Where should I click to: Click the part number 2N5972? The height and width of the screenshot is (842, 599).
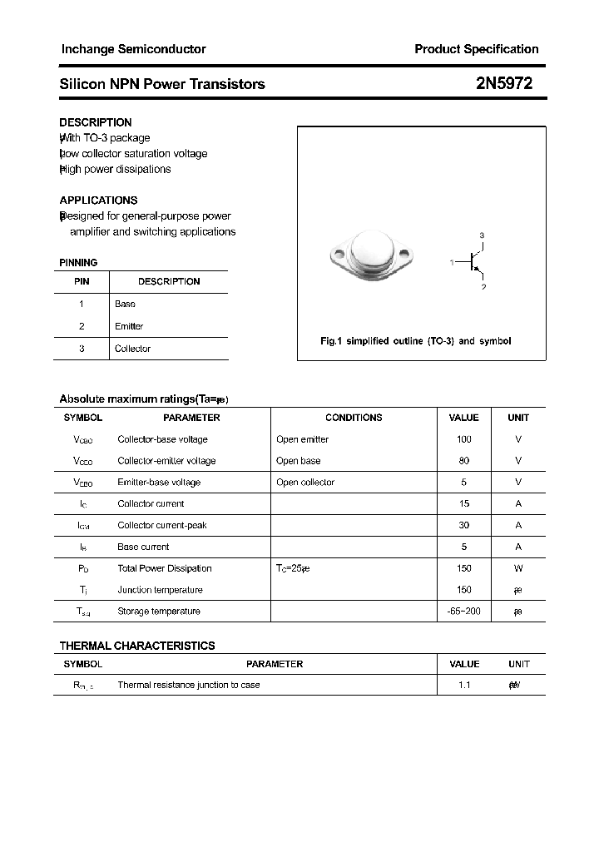pos(504,83)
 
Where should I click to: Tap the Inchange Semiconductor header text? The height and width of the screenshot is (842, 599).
pos(133,49)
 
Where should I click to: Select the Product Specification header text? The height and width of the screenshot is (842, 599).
pos(476,49)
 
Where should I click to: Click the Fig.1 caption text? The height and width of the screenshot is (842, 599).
pos(415,341)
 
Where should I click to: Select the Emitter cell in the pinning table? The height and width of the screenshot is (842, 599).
pos(129,326)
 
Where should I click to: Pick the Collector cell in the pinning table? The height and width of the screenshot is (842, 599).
pos(132,349)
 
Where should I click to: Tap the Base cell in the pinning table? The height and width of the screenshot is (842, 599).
pos(125,304)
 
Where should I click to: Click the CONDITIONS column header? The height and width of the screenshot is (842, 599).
pos(354,418)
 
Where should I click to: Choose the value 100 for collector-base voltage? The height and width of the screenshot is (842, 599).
pos(463,439)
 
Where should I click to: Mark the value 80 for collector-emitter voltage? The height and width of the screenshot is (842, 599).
pos(463,461)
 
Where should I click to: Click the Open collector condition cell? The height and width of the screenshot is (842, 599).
pos(304,483)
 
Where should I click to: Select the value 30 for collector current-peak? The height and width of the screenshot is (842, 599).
pos(463,526)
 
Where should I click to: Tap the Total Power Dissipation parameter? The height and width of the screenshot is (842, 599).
pos(165,569)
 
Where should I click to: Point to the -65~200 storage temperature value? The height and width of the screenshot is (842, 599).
pos(463,612)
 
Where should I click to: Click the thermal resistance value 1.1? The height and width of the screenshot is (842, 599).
pos(463,685)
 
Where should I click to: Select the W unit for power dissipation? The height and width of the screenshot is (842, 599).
pos(518,569)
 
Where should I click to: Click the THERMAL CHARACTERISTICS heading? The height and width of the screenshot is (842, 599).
pos(137,646)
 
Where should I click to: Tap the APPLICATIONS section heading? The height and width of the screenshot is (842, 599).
pos(98,201)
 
